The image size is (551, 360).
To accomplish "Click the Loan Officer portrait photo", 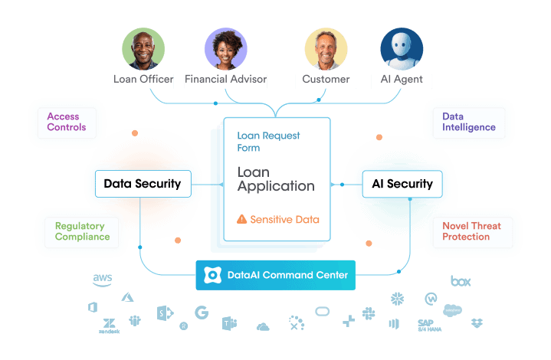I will tap(143, 50).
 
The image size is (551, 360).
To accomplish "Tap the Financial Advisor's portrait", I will tap(226, 50).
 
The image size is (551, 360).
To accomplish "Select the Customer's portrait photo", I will tap(326, 50).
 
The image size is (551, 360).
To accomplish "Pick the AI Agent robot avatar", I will tap(402, 50).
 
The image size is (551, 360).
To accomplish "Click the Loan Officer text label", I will tap(143, 80).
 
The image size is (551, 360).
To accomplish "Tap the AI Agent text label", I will tap(401, 80).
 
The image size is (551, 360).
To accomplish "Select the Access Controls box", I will tap(67, 122).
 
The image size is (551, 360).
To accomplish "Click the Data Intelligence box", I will tap(468, 123).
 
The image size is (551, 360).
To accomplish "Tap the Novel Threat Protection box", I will tap(471, 231).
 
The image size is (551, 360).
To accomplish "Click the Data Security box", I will tap(142, 184).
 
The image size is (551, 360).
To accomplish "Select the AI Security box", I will tap(402, 184).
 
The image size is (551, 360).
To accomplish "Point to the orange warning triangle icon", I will tap(242, 220).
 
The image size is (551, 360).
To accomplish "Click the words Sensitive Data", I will tap(284, 220).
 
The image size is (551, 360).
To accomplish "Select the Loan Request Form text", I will tap(268, 142).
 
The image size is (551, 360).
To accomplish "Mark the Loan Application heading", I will tap(276, 179).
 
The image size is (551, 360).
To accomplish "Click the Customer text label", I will tap(326, 80).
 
